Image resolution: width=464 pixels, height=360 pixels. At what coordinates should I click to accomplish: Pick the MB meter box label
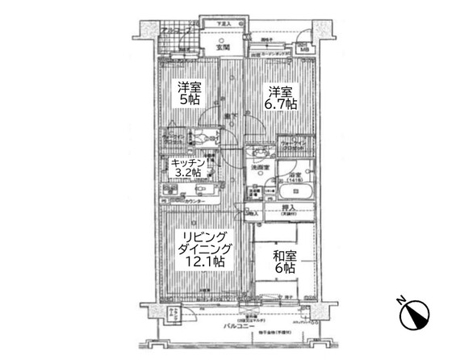point(303,50)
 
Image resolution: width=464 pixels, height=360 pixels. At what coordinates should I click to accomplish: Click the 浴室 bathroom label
point(295,175)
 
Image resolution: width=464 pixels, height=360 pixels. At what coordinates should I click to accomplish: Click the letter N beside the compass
point(401,302)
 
